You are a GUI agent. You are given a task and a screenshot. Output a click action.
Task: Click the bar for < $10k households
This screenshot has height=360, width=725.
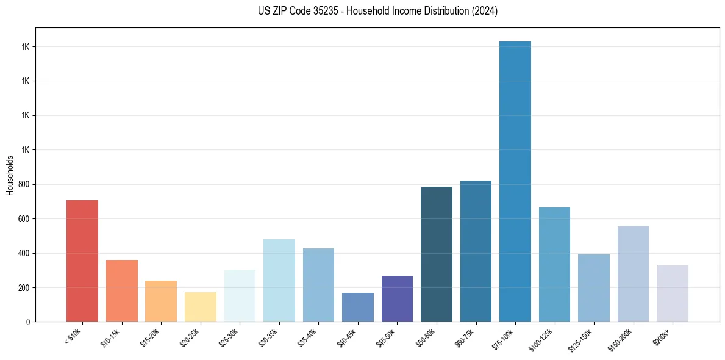[x=82, y=261]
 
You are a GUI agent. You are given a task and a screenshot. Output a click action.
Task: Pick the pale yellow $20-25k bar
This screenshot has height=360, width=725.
[x=201, y=306]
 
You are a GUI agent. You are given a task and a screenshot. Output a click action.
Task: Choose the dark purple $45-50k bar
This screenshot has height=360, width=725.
[x=397, y=298]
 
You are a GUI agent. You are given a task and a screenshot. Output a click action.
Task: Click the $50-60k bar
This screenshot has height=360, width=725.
[x=437, y=254]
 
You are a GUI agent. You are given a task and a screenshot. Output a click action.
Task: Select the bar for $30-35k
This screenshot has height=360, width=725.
[x=279, y=280]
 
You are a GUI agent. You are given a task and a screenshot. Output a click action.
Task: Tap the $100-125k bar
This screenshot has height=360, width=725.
[x=554, y=264]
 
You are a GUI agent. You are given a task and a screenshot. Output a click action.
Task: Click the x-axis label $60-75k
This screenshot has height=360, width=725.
[x=466, y=336]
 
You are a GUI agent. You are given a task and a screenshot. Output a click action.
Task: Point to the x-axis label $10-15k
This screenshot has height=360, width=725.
[x=112, y=336]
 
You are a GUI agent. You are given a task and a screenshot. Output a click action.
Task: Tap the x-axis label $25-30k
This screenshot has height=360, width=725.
[x=230, y=336]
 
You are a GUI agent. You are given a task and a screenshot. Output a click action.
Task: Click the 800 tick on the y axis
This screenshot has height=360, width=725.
[x=25, y=184]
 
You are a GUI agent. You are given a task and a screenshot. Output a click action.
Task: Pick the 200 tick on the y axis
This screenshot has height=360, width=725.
[x=25, y=287]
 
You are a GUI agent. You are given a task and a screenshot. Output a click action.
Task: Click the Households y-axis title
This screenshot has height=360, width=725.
[x=10, y=175]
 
